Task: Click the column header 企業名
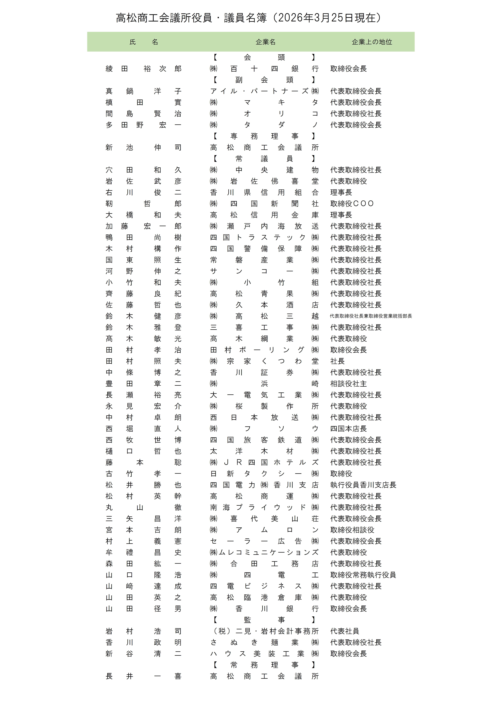click(x=265, y=42)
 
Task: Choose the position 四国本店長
click(x=348, y=429)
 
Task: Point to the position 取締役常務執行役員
click(x=363, y=575)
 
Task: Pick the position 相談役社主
click(x=348, y=384)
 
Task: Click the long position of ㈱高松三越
click(x=371, y=316)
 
